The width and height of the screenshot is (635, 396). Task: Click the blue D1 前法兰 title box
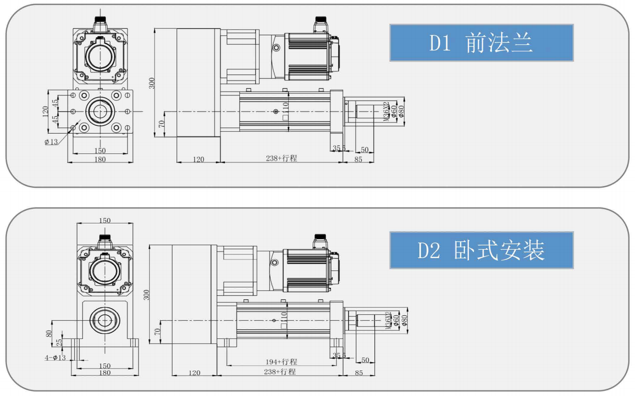click(481, 43)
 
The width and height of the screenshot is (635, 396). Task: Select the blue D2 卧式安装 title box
click(481, 250)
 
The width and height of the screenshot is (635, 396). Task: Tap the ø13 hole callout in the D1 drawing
click(51, 142)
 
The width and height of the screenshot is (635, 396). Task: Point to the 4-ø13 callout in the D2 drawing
click(55, 358)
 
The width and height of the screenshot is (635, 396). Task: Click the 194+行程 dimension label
click(282, 362)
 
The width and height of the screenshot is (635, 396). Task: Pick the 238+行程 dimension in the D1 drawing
click(281, 158)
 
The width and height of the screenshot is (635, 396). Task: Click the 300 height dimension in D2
click(146, 294)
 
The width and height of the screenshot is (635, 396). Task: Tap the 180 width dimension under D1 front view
click(100, 159)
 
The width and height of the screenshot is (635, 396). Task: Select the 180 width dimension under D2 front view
click(105, 372)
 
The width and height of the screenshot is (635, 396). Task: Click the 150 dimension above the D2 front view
click(105, 221)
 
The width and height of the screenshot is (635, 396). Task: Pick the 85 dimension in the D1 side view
click(358, 159)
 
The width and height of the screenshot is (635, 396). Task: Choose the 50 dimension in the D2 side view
click(365, 360)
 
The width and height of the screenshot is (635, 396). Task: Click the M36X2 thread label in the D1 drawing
click(385, 112)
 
